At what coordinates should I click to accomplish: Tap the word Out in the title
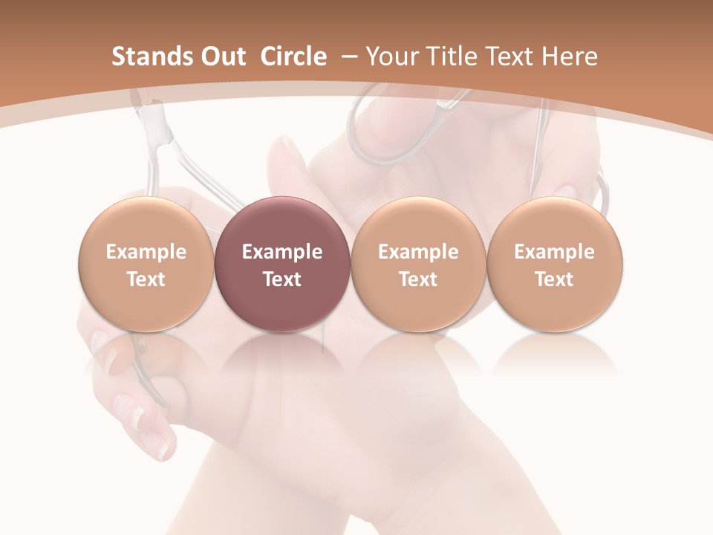coord(221,56)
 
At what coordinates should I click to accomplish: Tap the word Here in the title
coord(570,56)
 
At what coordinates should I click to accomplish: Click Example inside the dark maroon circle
coord(282,252)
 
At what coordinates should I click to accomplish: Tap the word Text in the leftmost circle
coord(146,279)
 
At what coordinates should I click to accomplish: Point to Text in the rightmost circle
coord(555,279)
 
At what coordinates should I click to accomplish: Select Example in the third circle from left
coord(418,252)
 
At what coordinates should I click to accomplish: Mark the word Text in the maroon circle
coord(282,279)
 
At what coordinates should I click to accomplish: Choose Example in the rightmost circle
coord(555,252)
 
